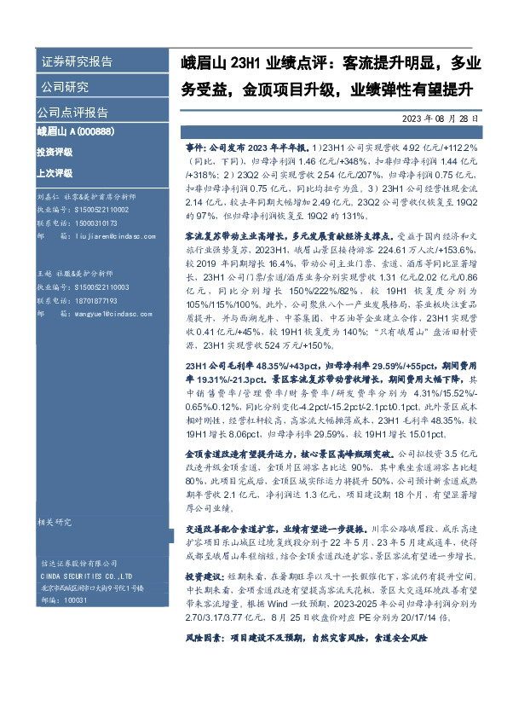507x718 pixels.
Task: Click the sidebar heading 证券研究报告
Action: tap(76, 62)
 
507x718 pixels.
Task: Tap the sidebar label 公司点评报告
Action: tap(72, 112)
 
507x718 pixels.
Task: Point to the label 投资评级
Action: tap(55, 151)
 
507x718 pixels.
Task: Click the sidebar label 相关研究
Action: tap(54, 521)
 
